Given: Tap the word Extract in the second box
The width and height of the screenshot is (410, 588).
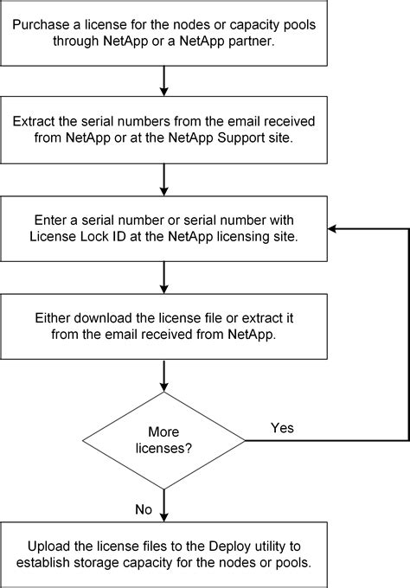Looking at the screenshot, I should click(42, 122).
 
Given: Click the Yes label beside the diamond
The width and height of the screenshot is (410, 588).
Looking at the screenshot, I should click(281, 428).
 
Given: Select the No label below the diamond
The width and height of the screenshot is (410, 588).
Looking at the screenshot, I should click(144, 509).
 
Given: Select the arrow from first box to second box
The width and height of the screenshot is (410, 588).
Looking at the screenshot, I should click(163, 81).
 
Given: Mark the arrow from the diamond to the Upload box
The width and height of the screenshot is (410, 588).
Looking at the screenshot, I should click(163, 506).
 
